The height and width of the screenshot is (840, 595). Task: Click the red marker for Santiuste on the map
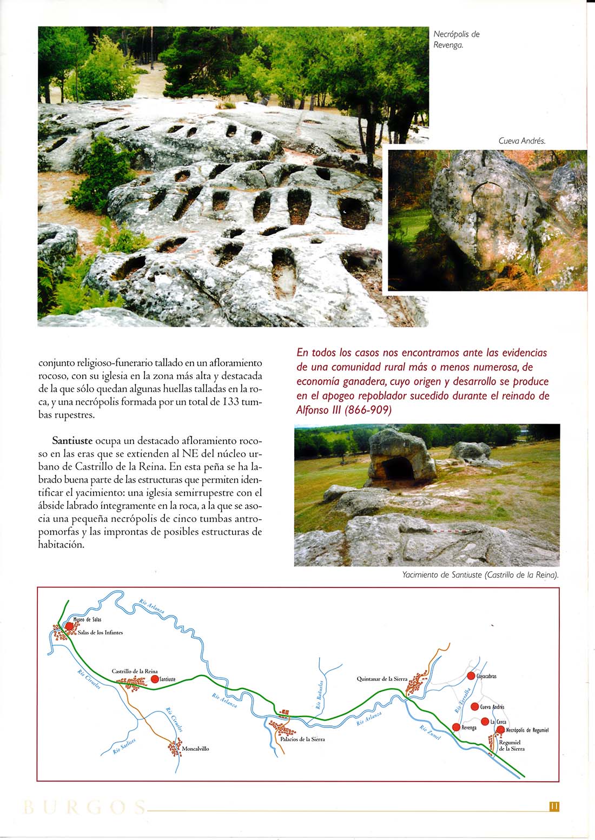point(155,679)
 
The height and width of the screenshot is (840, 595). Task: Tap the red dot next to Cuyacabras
point(471,676)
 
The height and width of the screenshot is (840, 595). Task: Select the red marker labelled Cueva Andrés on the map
point(474,706)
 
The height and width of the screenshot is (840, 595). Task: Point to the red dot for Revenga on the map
point(456,727)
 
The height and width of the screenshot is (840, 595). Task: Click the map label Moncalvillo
point(195,749)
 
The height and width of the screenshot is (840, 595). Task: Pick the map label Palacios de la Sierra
point(302,739)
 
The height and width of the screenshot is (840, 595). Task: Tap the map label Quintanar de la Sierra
point(382,679)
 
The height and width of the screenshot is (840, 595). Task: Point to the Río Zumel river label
point(430,733)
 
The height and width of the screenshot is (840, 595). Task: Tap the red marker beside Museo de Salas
point(69,626)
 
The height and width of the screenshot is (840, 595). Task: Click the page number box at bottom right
point(554,806)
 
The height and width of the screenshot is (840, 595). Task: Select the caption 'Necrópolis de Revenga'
point(457,39)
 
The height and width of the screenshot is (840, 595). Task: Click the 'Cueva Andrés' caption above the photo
point(521,141)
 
